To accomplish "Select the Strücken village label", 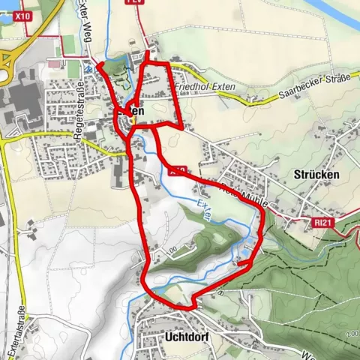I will point(316,174).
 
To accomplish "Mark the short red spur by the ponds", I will point(242,262).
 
